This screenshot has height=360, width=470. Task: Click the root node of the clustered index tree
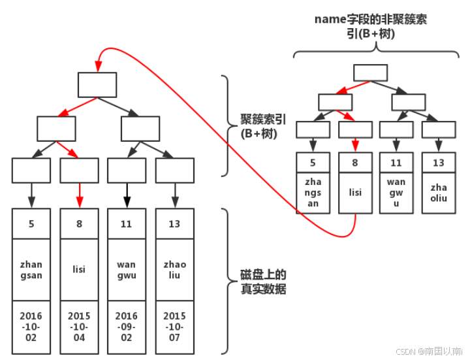[x=97, y=85]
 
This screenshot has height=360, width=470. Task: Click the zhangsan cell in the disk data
[x=31, y=269]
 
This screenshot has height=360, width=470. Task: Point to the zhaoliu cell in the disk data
[x=174, y=269]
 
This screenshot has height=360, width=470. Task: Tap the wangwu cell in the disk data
[x=126, y=269]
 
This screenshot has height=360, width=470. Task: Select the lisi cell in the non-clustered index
[x=355, y=192]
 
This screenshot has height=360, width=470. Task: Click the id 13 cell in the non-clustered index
[x=439, y=163]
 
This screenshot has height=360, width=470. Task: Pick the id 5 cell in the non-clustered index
[x=313, y=163]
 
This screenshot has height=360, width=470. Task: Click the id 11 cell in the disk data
[x=126, y=224]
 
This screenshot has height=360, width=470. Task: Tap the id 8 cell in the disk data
[x=79, y=224]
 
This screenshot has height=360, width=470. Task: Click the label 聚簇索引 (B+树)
[x=258, y=126]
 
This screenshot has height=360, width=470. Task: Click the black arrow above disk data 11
[x=126, y=195]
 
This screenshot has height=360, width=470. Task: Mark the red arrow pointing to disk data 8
[x=79, y=195]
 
